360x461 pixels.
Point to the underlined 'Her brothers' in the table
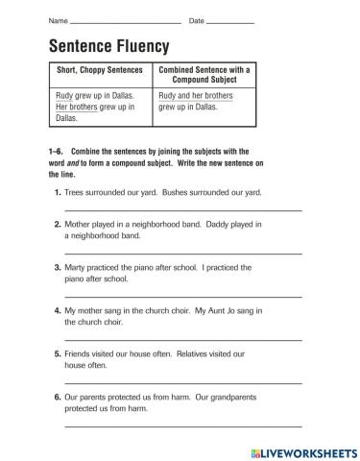click(77, 108)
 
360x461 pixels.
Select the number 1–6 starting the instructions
click(55, 151)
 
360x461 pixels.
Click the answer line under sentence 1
click(182, 209)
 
